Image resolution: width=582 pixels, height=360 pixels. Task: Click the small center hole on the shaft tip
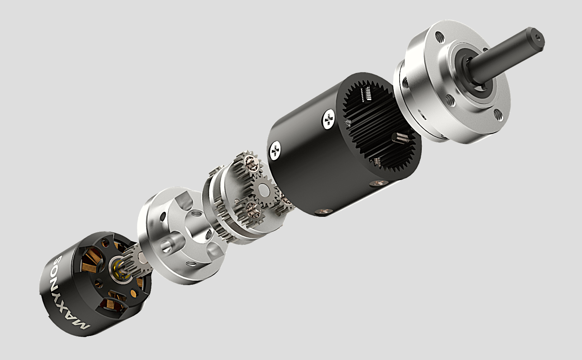pyautogui.click(x=539, y=38)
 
